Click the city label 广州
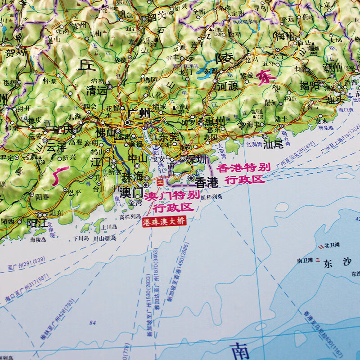tap(138, 114)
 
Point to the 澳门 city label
tap(131, 192)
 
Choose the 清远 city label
tap(96, 90)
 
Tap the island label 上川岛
tap(110, 228)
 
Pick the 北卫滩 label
tap(331, 246)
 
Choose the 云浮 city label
tap(56, 147)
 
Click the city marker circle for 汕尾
tap(264, 136)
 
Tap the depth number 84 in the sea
tap(93, 322)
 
